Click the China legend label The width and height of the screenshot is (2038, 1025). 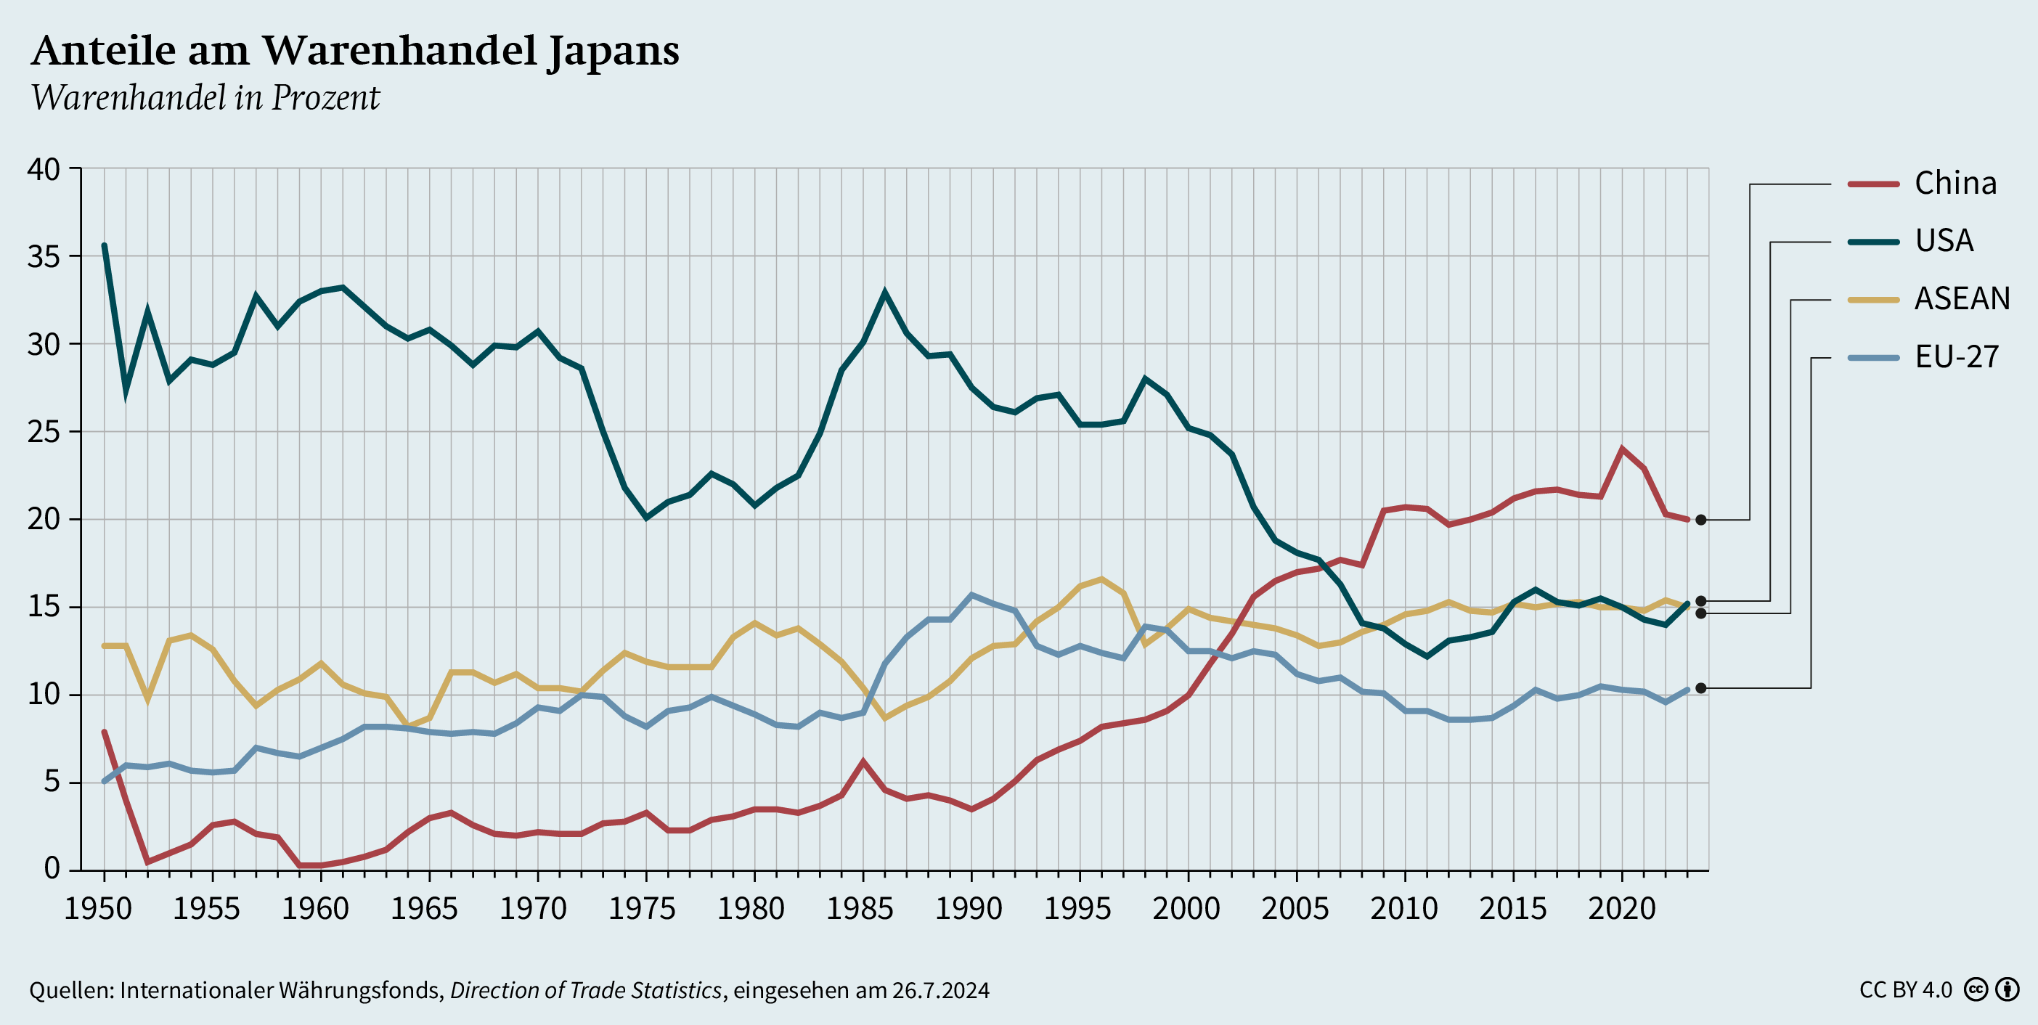pos(1955,184)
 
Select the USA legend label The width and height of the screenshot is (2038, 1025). pos(1944,241)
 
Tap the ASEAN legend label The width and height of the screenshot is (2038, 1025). pos(1961,299)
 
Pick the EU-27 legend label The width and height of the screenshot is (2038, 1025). pos(1957,357)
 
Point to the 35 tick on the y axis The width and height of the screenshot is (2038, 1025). pos(44,256)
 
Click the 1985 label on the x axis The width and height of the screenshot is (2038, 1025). pos(860,909)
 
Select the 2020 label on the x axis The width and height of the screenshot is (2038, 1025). pos(1622,909)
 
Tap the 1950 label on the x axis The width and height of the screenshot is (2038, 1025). pos(98,909)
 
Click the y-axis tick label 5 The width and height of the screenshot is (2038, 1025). pos(52,783)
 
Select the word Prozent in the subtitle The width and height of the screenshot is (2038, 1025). pos(326,98)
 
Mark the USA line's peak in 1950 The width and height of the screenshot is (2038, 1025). pos(105,246)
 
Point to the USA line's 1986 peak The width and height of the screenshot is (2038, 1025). pos(884,293)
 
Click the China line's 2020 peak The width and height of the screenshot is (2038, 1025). pos(1622,449)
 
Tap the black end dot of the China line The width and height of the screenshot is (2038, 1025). pos(1701,520)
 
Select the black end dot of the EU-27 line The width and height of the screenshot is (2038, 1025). pos(1701,688)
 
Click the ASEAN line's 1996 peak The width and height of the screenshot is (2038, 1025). pos(1101,580)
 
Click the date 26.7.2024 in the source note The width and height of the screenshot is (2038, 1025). pos(941,990)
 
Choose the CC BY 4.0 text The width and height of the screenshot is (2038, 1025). pos(1905,990)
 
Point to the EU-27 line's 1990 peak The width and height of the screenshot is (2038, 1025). pos(971,595)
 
